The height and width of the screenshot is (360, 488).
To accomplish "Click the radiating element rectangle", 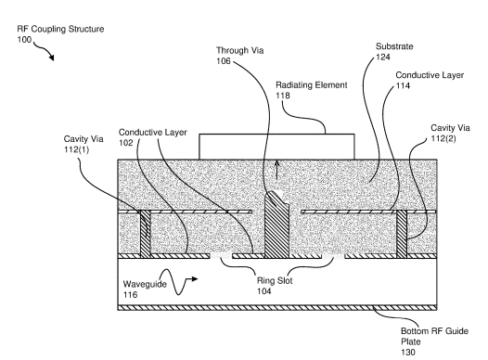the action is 276,147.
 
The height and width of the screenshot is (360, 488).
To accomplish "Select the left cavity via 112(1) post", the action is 146,234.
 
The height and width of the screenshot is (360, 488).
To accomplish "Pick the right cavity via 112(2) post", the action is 402,234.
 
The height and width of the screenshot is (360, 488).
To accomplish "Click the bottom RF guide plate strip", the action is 277,308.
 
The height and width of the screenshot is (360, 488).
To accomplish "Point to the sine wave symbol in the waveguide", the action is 174,281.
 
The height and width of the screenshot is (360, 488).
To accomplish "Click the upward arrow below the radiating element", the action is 276,170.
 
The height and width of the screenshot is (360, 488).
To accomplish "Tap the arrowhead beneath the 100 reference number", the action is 51,58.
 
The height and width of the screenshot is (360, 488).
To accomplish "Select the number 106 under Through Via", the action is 224,61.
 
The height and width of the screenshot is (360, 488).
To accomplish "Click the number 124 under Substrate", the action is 383,57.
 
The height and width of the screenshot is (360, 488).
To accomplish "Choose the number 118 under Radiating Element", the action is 283,96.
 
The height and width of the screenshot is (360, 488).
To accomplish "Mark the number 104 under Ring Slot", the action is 263,291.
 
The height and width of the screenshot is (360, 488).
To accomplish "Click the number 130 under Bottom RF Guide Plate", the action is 408,353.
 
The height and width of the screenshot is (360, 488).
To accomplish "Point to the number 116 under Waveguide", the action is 130,294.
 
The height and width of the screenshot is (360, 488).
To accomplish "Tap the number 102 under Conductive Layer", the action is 126,143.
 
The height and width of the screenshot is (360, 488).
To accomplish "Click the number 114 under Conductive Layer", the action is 403,85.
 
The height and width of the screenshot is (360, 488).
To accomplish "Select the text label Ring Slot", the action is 275,280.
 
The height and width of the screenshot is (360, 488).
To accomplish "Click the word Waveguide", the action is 145,284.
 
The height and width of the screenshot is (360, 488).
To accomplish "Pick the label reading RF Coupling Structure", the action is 60,30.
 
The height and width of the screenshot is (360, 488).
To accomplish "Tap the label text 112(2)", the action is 443,138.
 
